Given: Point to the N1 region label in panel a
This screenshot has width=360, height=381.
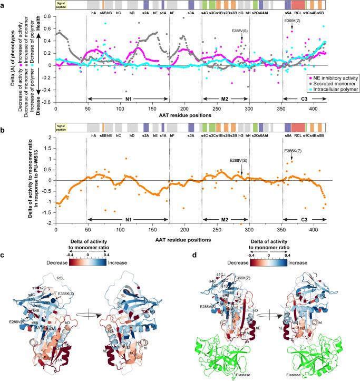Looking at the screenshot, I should [x=127, y=99].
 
